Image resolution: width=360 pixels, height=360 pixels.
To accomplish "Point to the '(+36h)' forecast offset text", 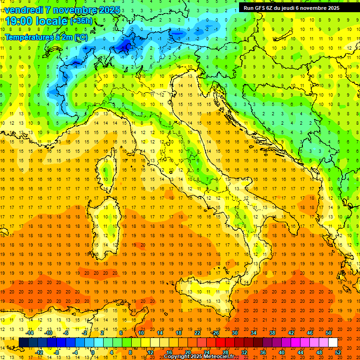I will point(81,21).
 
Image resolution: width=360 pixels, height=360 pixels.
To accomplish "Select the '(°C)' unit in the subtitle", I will point(80,37).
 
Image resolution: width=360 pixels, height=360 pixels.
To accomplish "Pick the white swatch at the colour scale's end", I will point(333,342).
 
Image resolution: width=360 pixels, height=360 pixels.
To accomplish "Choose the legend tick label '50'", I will point(328,333).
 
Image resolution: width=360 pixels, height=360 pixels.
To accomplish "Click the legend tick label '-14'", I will point(30,333).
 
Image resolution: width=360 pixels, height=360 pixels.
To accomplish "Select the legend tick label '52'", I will point(338,352).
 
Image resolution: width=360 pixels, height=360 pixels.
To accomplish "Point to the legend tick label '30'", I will point(234,333).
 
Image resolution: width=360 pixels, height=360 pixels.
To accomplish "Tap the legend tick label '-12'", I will point(39,352).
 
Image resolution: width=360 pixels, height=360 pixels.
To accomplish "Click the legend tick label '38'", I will point(272,333).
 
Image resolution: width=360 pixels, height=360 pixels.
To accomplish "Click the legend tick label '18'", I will point(178,333).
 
